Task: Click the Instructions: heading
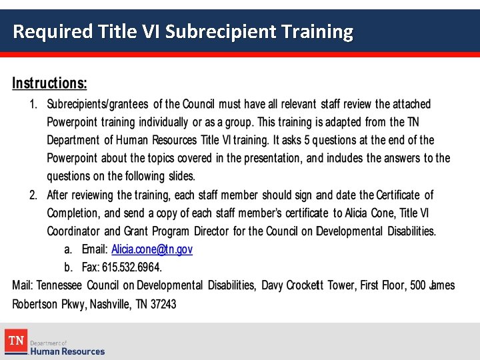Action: [x=49, y=84]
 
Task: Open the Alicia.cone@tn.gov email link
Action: [x=152, y=249]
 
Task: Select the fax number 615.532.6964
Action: [x=131, y=267]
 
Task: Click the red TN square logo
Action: [x=15, y=341]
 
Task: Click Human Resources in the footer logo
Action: [x=67, y=351]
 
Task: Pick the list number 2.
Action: [x=33, y=195]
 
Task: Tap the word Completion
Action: [x=73, y=213]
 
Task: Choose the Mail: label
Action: [x=23, y=285]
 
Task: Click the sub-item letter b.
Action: [x=68, y=267]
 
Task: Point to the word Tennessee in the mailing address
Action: [x=59, y=285]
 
